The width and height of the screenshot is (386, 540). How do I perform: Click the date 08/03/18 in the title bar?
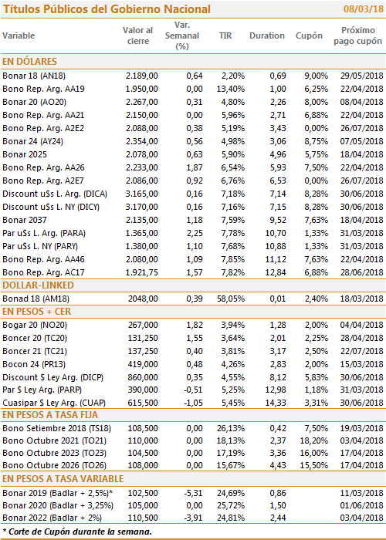364,9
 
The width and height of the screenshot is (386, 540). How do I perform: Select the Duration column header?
267,35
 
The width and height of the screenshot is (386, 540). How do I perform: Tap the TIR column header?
225,35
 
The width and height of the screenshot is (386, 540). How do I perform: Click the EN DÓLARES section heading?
29,62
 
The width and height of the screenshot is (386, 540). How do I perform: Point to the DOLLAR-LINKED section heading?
38,285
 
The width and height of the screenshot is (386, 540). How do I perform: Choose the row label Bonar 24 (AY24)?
32,141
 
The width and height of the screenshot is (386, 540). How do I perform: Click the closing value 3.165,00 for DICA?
141,194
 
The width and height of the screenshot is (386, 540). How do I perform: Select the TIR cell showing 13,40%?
231,89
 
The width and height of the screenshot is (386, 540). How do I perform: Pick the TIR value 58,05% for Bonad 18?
231,299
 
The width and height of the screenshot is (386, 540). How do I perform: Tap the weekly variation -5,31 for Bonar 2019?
193,493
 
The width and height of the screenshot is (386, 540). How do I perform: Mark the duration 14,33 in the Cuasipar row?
276,403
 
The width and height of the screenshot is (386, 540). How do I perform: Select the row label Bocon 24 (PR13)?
34,364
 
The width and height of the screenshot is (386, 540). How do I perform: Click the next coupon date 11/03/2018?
362,493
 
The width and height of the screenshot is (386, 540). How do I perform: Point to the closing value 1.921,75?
141,272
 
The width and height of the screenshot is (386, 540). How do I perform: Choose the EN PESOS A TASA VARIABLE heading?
63,479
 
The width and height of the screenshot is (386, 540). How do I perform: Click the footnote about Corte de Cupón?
77,532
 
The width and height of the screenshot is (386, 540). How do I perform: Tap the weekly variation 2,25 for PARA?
195,233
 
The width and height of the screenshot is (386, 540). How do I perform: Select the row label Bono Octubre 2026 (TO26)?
55,465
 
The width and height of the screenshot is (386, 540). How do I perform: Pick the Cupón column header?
309,35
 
